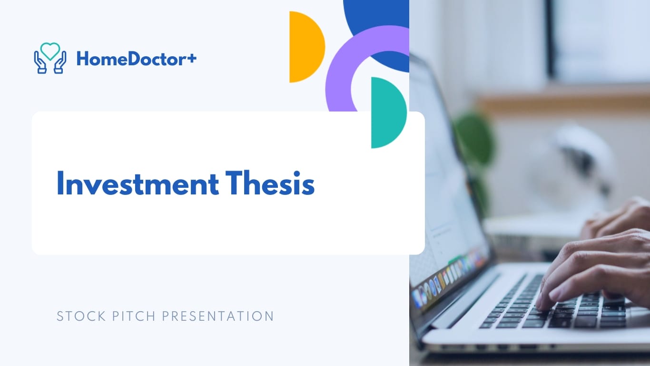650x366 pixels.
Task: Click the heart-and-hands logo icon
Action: tap(50, 58)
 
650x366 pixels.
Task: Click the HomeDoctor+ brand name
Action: tap(136, 59)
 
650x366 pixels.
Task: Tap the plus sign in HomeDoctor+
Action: tap(192, 59)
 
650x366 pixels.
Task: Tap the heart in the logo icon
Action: tap(50, 51)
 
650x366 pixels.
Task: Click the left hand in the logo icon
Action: tap(40, 64)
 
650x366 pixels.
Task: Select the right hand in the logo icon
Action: tap(60, 64)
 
